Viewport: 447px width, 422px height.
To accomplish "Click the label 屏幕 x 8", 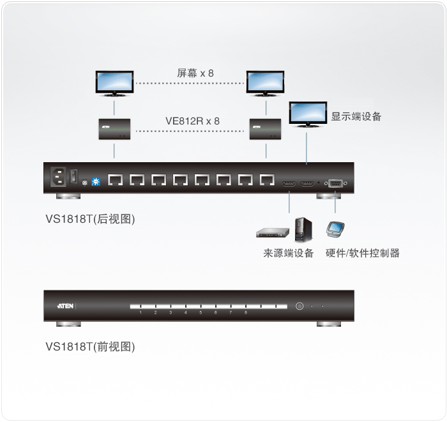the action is point(195,73).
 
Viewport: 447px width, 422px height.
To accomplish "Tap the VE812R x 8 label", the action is point(192,121).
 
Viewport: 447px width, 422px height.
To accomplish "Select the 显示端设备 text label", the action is point(356,116).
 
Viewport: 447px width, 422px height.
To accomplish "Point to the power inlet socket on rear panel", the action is point(59,177).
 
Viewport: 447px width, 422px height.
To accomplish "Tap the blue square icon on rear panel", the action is point(96,181).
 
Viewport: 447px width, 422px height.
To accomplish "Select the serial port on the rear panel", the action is point(336,183).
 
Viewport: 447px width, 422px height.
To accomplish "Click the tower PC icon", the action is point(303,230).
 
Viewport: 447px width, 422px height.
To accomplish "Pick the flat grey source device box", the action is point(273,233).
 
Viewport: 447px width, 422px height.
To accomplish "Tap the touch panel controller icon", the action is point(335,229).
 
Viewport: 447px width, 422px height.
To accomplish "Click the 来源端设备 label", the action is point(289,253).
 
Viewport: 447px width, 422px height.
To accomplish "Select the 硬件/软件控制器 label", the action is point(362,253).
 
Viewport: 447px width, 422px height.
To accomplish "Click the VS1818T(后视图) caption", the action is point(90,219).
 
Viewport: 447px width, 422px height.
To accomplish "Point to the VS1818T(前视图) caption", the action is point(90,347).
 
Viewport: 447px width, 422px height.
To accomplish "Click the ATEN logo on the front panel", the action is point(65,306).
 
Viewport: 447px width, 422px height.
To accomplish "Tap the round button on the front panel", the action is point(299,306).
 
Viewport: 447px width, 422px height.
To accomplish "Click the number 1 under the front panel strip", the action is point(140,313).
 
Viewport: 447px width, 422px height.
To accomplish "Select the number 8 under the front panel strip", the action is point(246,313).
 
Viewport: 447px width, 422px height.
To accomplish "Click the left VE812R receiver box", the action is point(114,129).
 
